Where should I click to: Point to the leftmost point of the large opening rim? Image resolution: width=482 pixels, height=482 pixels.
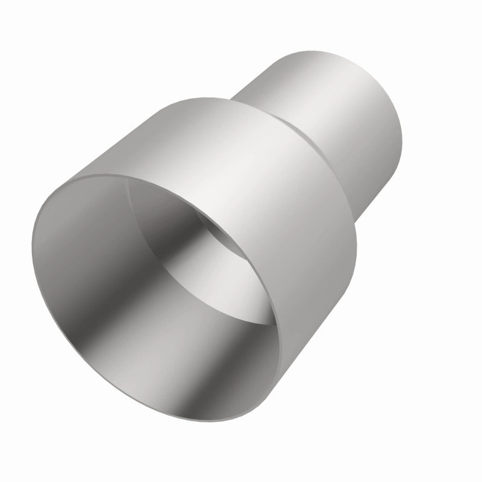click(30, 241)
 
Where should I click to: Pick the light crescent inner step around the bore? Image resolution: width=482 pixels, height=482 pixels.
click(241, 217)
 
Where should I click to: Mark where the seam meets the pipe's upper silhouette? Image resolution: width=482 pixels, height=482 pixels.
click(232, 98)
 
